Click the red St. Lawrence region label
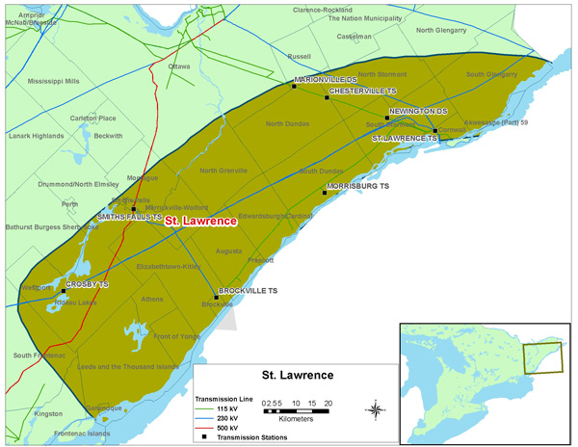[x=200, y=222]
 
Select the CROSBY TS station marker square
[x=64, y=291]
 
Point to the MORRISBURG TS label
[x=357, y=185]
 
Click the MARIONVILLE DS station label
[x=326, y=80]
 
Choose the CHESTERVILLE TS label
[x=362, y=92]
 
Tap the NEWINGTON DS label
[x=419, y=112]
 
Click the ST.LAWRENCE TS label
[x=405, y=139]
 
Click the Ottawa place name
[x=179, y=66]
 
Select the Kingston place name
[x=47, y=413]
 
